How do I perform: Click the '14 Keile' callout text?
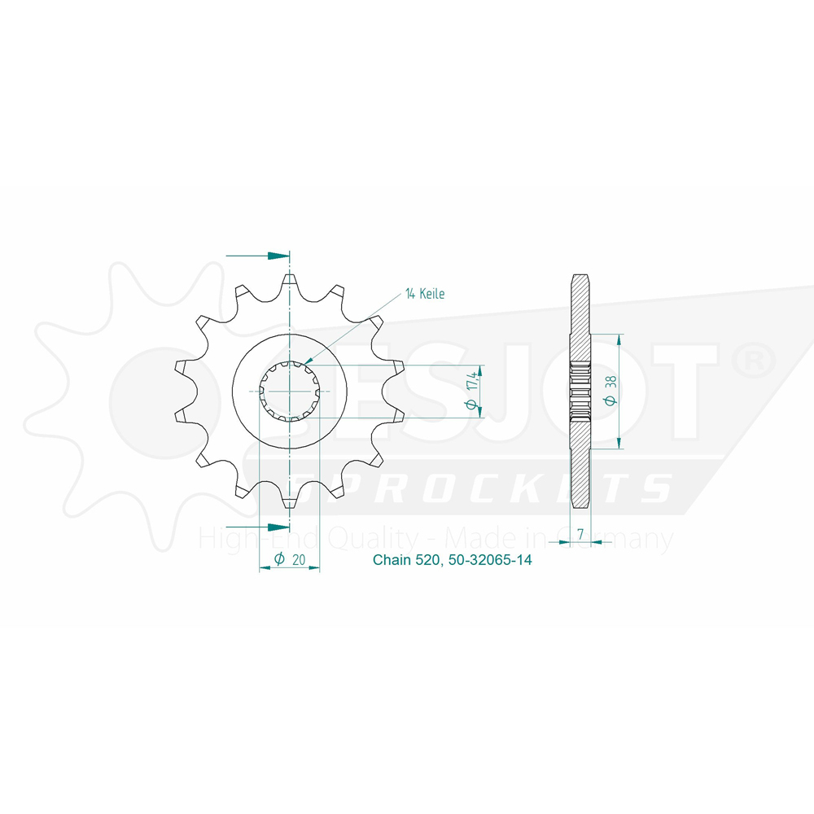pos(425,294)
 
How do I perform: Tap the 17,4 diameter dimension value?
pos(472,384)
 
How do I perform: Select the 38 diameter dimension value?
pos(610,383)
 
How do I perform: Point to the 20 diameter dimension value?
pos(299,560)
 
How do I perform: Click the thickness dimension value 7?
pos(580,534)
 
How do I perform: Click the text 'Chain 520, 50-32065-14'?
pos(452,560)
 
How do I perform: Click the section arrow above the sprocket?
pos(257,256)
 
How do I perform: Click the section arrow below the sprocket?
pos(257,527)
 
